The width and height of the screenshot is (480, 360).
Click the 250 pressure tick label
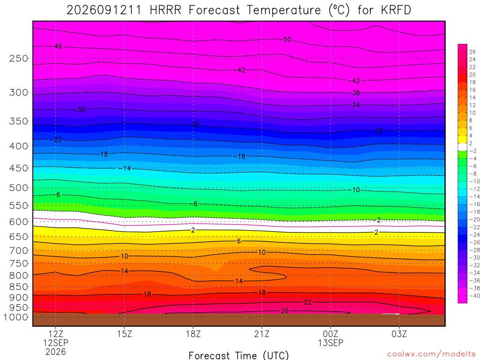[x=19, y=58]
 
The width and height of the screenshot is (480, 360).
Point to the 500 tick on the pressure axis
[x=19, y=187]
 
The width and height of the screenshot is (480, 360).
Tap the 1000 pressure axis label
[x=16, y=317]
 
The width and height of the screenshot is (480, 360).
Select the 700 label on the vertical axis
[x=19, y=251]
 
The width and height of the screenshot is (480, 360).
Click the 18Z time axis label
[x=193, y=334]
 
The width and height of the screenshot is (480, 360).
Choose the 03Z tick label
[x=399, y=334]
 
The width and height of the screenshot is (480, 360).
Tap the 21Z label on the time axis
[x=262, y=334]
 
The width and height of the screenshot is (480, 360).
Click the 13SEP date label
[x=330, y=343]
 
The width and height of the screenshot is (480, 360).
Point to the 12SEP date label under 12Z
[x=56, y=343]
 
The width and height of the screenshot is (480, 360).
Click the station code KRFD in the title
[x=396, y=10]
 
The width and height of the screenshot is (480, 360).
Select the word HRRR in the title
[x=165, y=10]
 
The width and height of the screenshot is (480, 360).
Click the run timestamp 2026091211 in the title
[x=104, y=10]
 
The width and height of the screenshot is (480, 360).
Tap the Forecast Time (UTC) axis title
[x=239, y=355]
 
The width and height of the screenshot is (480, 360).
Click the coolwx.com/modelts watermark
[x=432, y=354]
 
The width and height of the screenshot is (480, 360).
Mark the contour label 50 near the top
[x=287, y=39]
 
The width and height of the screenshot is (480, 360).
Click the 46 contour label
[x=58, y=46]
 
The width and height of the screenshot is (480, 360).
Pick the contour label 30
[x=81, y=109]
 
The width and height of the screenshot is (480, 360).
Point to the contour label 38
[x=356, y=93]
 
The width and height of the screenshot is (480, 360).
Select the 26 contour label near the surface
[x=285, y=311]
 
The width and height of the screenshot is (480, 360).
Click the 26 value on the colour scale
[x=472, y=52]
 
